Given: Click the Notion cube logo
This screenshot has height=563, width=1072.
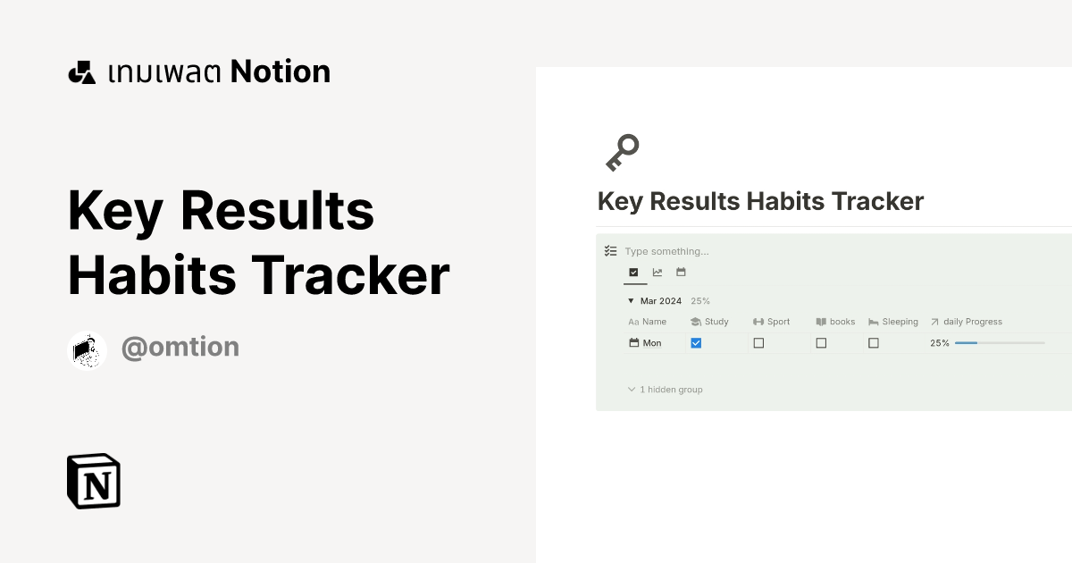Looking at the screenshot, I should click(x=94, y=482).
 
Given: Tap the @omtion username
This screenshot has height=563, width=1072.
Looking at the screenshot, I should click(x=180, y=347).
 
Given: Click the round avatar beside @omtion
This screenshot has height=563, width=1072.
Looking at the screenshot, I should click(x=88, y=349).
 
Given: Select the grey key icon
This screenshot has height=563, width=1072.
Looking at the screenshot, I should click(x=623, y=152).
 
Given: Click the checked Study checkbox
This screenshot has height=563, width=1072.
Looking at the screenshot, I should click(x=696, y=343).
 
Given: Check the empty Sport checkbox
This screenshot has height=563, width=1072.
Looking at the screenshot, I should click(x=758, y=343).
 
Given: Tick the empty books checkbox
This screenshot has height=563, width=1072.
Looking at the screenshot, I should click(x=821, y=343).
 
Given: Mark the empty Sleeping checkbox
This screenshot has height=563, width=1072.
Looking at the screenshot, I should click(x=874, y=343).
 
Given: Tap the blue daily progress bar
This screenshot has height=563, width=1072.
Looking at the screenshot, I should click(x=967, y=343).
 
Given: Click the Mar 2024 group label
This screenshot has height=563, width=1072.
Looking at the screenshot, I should click(x=660, y=301).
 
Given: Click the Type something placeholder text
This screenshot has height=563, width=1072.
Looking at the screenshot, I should click(x=666, y=252).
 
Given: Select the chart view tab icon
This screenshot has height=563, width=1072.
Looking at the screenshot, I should click(x=657, y=273).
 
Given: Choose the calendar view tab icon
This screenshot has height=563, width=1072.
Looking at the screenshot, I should click(x=681, y=273).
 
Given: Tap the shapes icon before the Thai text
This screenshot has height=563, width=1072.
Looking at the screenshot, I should click(x=81, y=72).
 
